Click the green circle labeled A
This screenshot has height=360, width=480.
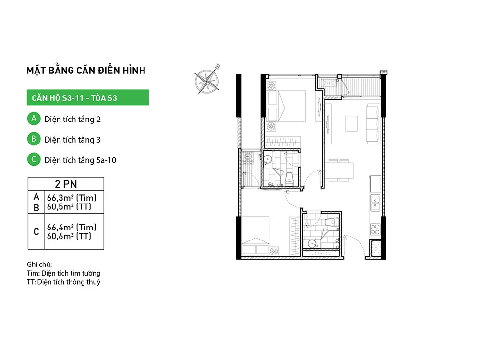point(33,119)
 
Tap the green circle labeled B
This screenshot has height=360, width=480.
point(33,139)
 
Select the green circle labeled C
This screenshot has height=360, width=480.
point(33,160)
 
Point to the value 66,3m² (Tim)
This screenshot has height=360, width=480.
point(72,197)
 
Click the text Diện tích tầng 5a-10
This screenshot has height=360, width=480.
point(80,160)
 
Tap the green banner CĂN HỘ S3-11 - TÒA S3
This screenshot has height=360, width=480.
point(87,98)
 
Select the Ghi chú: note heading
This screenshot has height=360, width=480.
point(39,264)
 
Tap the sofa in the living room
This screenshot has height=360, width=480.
point(372,123)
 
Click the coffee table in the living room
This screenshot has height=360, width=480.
point(351,123)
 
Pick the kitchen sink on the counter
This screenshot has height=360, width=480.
point(375,203)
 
